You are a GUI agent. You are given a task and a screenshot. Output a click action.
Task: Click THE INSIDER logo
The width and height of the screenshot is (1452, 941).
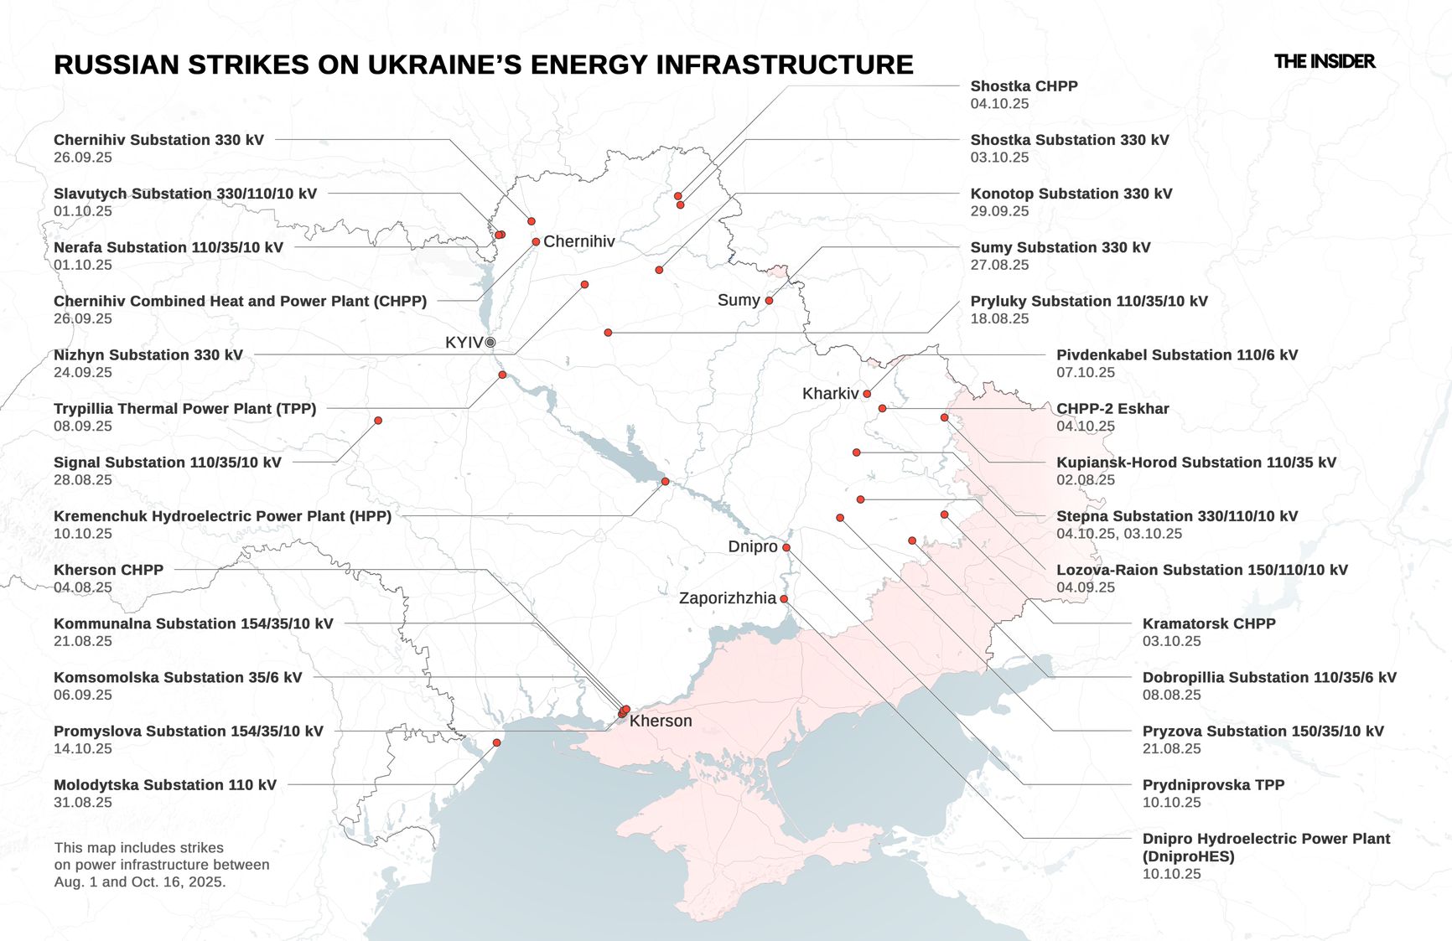click(1324, 61)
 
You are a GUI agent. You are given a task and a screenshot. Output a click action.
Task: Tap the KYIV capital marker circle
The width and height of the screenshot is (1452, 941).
click(490, 343)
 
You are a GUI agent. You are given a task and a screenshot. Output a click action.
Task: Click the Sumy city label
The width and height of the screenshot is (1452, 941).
click(738, 300)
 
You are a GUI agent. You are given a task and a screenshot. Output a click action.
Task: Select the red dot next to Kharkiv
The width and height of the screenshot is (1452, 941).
click(867, 394)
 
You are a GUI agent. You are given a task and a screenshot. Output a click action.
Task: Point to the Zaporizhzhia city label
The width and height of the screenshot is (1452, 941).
click(727, 598)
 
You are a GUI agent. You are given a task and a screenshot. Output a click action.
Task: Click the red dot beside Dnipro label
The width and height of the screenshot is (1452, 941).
click(786, 547)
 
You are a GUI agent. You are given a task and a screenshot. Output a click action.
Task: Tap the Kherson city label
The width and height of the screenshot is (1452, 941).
click(661, 721)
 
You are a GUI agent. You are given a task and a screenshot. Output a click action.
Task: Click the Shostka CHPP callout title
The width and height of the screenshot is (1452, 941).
click(1024, 86)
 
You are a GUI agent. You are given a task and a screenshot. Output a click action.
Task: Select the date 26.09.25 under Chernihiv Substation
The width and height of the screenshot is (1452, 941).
click(83, 158)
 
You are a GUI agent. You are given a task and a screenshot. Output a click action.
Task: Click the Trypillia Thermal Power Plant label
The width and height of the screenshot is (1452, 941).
click(184, 409)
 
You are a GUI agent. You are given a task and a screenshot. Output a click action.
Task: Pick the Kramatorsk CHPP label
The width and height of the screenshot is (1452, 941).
click(1208, 623)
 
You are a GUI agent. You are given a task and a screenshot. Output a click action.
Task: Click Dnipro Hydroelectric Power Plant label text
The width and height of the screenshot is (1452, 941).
click(1265, 839)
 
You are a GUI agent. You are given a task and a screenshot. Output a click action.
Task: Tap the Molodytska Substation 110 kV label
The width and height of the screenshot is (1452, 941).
click(164, 785)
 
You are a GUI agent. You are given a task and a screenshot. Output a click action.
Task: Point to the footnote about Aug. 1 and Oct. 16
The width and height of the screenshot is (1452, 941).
click(161, 865)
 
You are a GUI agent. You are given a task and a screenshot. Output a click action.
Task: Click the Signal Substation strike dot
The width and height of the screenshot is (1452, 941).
click(378, 421)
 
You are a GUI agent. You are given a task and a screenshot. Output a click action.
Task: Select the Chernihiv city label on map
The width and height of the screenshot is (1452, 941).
click(578, 241)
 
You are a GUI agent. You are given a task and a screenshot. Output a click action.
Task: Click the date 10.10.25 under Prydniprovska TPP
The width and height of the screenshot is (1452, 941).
click(1171, 803)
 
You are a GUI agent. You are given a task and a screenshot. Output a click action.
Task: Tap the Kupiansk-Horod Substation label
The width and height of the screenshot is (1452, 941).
click(1195, 463)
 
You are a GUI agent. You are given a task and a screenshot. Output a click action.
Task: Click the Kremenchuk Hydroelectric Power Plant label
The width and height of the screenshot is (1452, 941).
click(222, 516)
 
